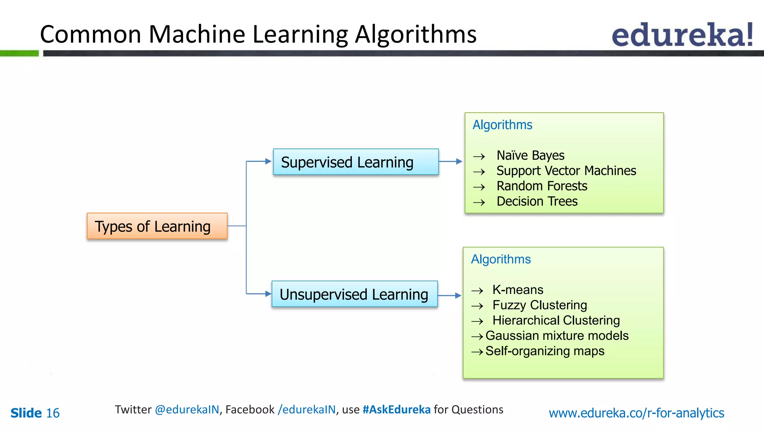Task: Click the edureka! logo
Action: [682, 35]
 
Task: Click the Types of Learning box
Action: [157, 226]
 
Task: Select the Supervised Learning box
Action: [356, 162]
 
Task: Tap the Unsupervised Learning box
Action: [354, 294]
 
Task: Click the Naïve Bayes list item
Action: [530, 155]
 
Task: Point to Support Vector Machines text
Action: [566, 171]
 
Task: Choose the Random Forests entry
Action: [542, 186]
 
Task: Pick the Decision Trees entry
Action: [537, 201]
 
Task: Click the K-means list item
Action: [517, 290]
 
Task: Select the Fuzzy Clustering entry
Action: [539, 305]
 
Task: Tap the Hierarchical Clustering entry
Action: [556, 320]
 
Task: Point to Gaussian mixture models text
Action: [557, 336]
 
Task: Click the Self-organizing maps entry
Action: [545, 351]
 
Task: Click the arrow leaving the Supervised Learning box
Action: [451, 162]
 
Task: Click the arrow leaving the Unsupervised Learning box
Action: [450, 296]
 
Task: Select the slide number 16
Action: [53, 413]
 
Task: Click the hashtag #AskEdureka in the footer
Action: [396, 409]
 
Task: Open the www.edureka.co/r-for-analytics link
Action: [636, 413]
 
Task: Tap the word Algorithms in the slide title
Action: [415, 34]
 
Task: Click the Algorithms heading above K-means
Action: [501, 259]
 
